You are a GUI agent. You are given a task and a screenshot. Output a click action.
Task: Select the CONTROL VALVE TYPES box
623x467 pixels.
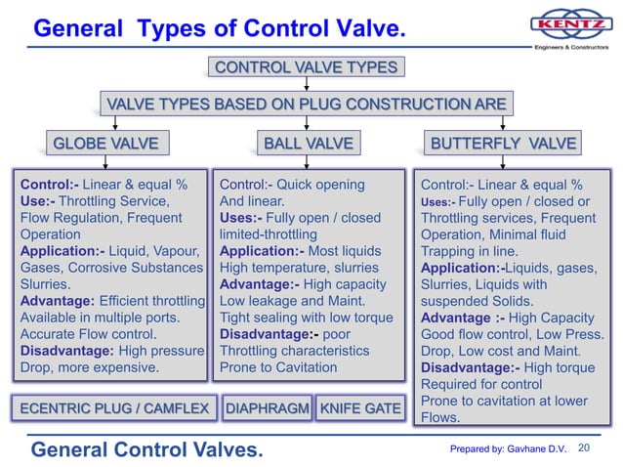(306, 67)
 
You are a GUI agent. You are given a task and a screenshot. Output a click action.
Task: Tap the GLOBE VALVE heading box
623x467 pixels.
(105, 145)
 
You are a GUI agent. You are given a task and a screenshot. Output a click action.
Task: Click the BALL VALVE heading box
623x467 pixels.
(308, 145)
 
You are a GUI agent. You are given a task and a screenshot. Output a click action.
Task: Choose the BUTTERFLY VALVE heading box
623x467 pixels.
(504, 145)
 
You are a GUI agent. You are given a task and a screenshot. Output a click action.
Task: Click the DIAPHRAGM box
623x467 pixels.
(268, 408)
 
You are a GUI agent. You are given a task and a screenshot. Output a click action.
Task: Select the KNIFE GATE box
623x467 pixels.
(358, 408)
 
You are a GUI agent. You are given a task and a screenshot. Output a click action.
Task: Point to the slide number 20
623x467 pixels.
(586, 448)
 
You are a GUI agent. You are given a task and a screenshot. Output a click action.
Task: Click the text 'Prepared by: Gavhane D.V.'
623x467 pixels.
(508, 448)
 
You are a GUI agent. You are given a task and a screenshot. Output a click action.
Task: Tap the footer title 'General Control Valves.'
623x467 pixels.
(147, 448)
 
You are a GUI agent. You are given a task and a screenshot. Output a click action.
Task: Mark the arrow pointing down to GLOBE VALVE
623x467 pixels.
(116, 124)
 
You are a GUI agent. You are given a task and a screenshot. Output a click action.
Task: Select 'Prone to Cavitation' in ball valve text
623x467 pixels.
(279, 367)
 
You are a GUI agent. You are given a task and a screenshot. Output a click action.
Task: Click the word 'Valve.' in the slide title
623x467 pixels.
(370, 29)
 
